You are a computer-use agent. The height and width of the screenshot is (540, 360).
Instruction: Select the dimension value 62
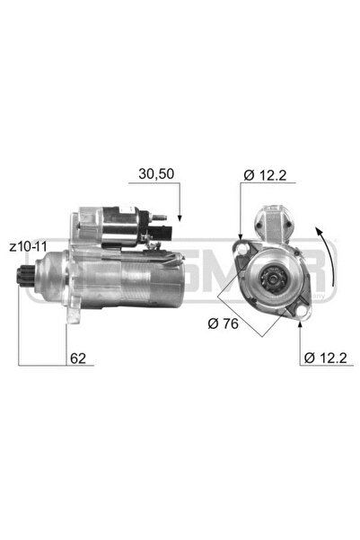[x=79, y=358]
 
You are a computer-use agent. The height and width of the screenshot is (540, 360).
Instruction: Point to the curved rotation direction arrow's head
[x=325, y=234]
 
